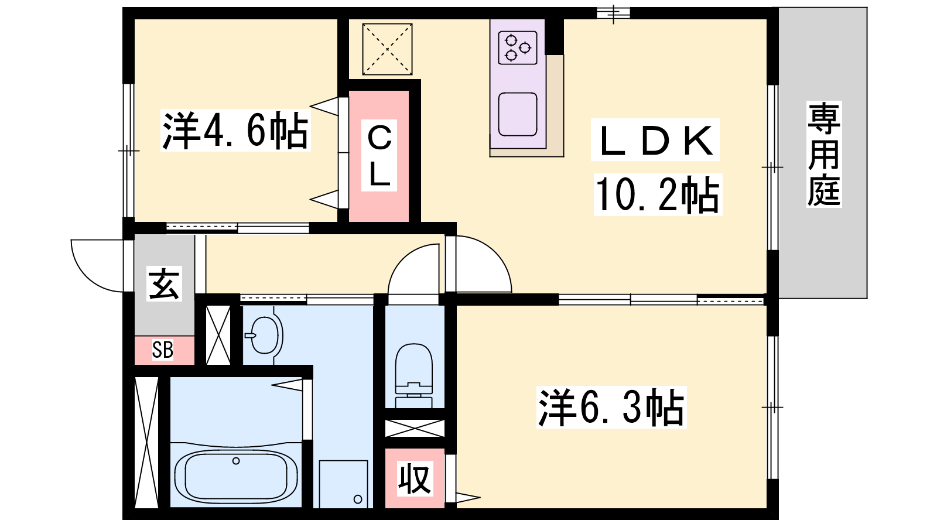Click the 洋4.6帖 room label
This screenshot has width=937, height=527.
[x=235, y=131]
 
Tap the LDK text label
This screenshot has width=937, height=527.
[x=655, y=140]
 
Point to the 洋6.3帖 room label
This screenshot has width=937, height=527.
[x=611, y=408]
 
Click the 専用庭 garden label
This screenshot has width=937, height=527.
[x=824, y=155]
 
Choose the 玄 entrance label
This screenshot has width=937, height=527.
[x=165, y=283]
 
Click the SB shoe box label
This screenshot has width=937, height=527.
[x=162, y=350]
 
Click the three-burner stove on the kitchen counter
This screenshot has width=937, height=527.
[x=518, y=47]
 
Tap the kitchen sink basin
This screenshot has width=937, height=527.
[x=518, y=114]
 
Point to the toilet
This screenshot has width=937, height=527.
[x=413, y=375]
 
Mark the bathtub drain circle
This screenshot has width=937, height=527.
[x=236, y=461]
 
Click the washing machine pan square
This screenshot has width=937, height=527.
[x=343, y=484]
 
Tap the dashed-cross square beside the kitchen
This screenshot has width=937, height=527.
[x=387, y=49]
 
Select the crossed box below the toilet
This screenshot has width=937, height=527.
[x=415, y=429]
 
